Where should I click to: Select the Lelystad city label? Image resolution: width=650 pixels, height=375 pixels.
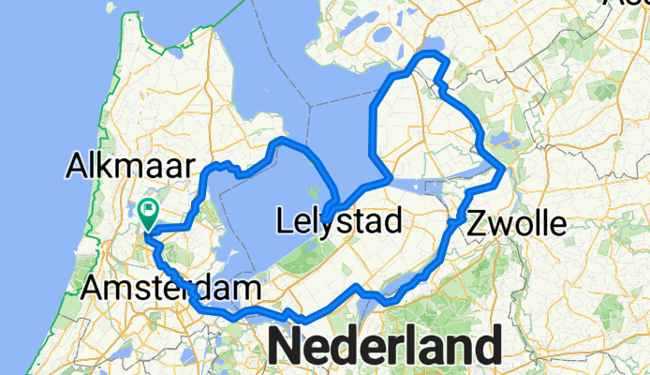340,221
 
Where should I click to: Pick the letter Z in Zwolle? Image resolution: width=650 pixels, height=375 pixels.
476,223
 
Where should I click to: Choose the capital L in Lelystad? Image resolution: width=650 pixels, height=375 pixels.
286,221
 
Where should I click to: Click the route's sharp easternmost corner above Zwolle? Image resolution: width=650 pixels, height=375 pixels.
504,170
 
